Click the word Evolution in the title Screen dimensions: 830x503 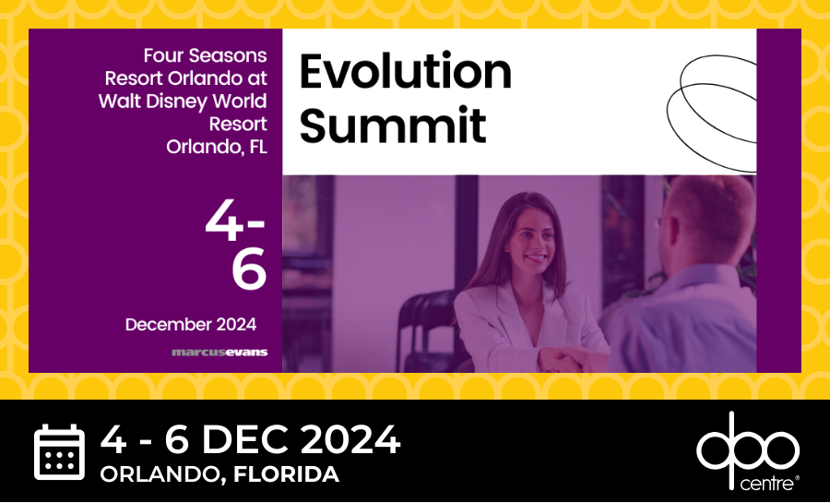coord(406,72)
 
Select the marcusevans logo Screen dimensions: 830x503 coord(219,353)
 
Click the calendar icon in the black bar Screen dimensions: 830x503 coord(59,451)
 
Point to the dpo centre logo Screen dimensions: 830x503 coord(747,451)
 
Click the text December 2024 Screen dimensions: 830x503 coord(191,325)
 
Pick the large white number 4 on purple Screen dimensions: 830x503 coord(224,222)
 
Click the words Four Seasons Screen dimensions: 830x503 coord(206,55)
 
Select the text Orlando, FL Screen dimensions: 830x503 coord(217,147)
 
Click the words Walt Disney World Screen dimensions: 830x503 coord(183,102)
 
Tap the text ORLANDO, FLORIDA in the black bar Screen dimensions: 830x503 coord(219,474)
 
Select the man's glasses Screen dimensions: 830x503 coord(660,222)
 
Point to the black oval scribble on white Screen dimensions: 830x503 coord(711,113)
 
